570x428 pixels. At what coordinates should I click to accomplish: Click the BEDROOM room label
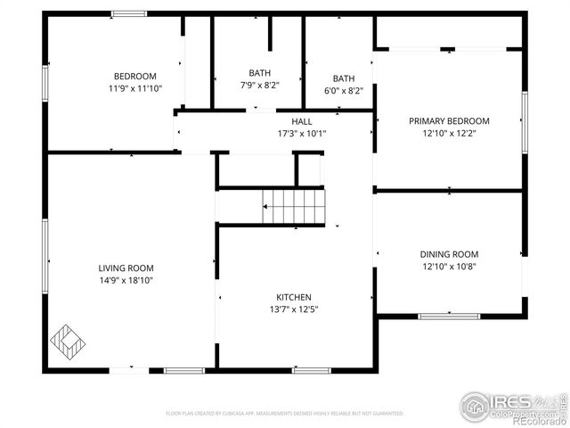pyautogui.click(x=134, y=76)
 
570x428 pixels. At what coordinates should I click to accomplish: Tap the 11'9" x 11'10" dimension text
pyautogui.click(x=134, y=89)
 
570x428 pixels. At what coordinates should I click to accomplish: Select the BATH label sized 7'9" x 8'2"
pyautogui.click(x=260, y=73)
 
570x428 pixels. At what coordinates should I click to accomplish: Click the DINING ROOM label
pyautogui.click(x=449, y=254)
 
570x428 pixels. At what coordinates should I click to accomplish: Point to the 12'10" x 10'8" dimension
pyautogui.click(x=449, y=267)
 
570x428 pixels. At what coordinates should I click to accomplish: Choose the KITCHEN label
pyautogui.click(x=293, y=297)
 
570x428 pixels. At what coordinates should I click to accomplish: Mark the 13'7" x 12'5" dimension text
pyautogui.click(x=293, y=310)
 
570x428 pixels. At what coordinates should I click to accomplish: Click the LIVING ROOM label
pyautogui.click(x=126, y=267)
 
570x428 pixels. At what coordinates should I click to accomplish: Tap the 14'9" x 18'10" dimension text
pyautogui.click(x=126, y=281)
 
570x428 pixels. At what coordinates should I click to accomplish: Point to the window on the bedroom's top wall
pyautogui.click(x=128, y=13)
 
